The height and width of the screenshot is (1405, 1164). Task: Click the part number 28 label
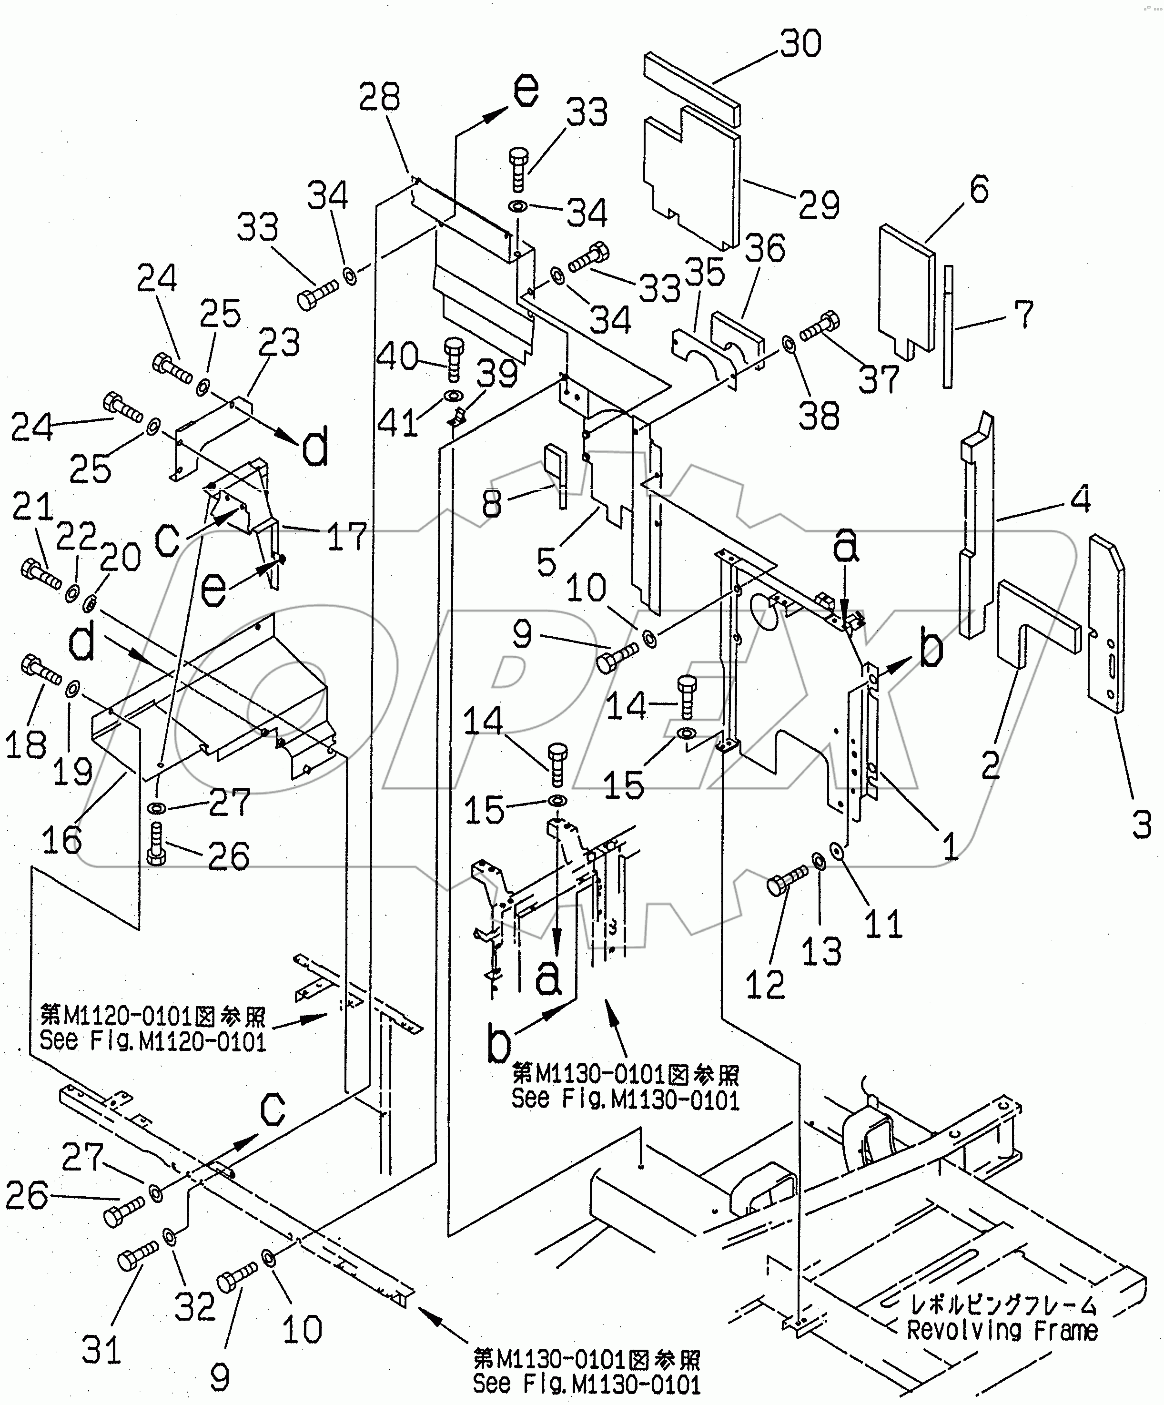[x=379, y=97]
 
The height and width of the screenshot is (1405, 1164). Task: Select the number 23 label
[x=280, y=343]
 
